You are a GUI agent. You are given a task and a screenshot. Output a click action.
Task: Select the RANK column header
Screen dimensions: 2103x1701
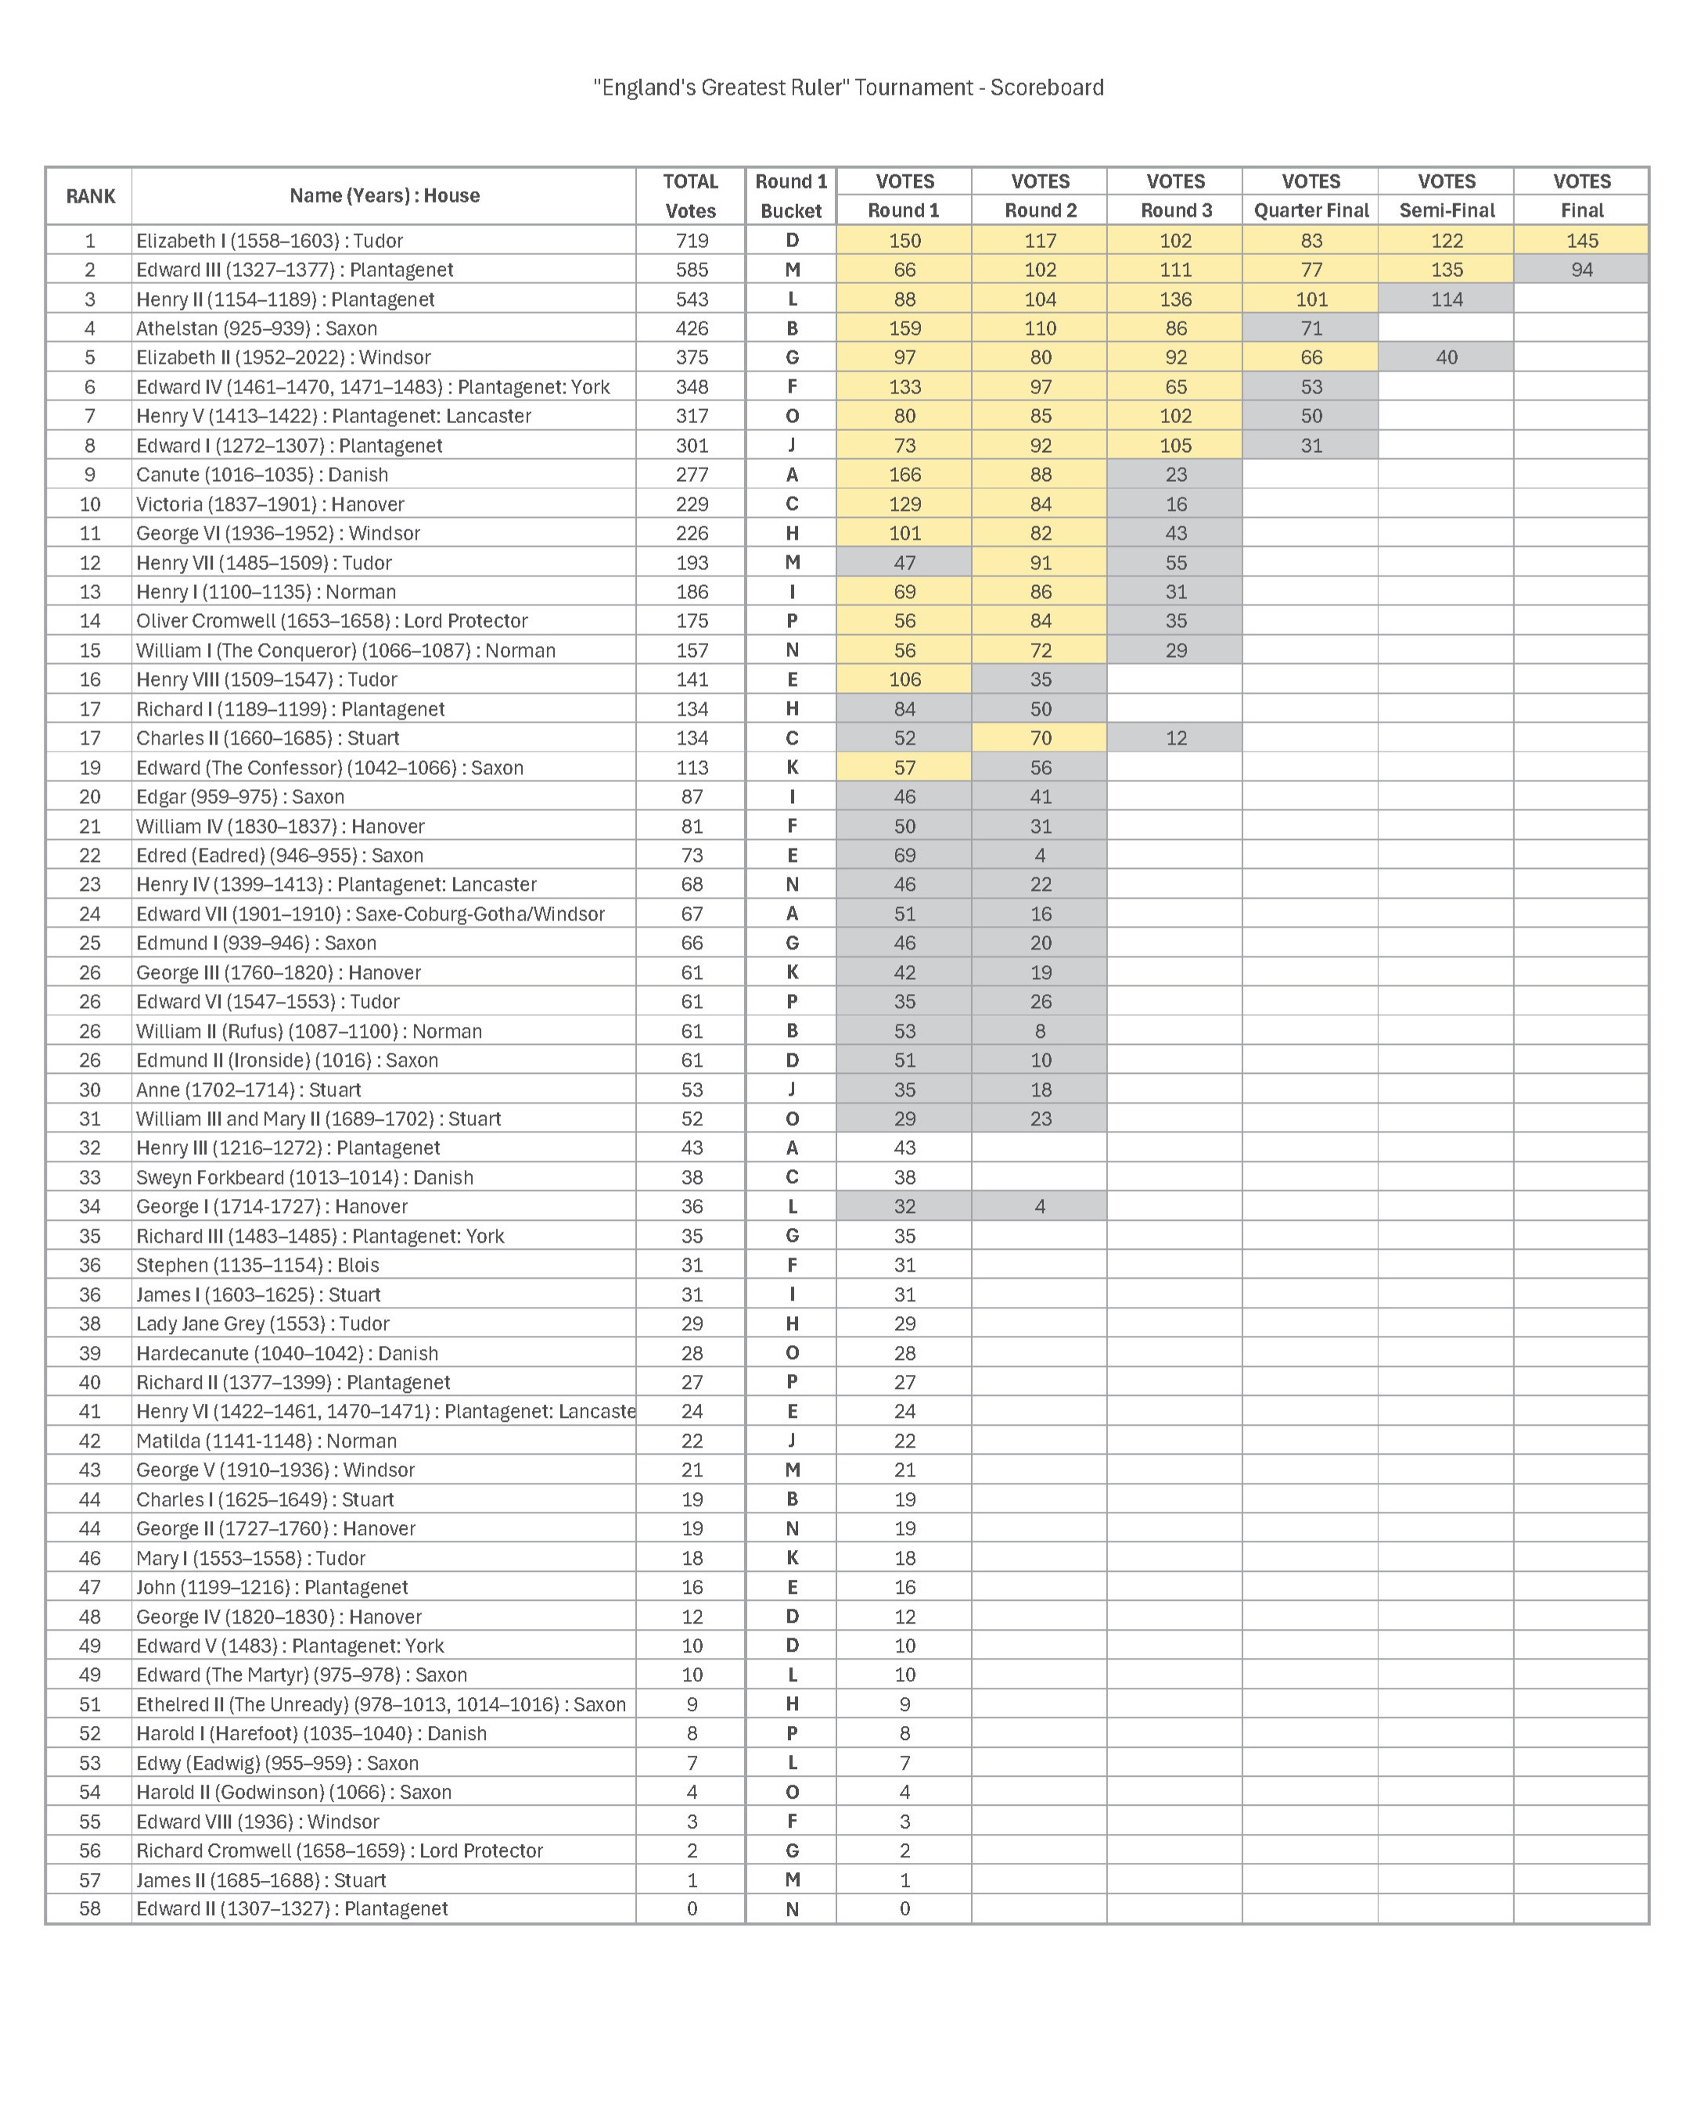[x=90, y=196]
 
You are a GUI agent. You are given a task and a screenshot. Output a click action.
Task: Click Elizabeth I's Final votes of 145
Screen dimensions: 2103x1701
[x=1581, y=241]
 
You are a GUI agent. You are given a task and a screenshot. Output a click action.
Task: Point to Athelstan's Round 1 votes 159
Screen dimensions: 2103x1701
[x=904, y=328]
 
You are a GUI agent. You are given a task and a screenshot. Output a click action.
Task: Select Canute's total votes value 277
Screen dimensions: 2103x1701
[x=692, y=475]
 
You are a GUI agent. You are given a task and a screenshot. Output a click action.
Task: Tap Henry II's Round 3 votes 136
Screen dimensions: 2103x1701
[x=1176, y=300]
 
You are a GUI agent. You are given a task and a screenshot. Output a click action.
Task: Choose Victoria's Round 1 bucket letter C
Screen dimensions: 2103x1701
[x=792, y=504]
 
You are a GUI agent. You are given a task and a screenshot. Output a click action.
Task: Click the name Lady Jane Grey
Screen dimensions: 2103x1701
[x=263, y=1324]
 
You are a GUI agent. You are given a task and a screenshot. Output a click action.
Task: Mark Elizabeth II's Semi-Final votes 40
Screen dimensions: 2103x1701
[x=1446, y=357]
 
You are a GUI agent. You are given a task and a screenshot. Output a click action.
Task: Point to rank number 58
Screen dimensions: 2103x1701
[x=90, y=1909]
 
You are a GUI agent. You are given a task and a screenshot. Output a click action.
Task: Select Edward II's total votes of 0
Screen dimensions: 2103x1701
[x=692, y=1909]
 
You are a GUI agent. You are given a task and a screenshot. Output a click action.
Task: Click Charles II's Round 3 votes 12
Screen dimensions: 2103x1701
[x=1176, y=738]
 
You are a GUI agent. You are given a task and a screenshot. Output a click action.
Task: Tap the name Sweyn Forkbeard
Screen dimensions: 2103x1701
[x=304, y=1177]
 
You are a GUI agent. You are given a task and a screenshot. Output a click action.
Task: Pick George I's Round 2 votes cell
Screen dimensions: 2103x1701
[x=1040, y=1207]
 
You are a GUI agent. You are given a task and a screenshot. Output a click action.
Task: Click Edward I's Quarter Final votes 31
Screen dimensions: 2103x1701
[x=1311, y=446]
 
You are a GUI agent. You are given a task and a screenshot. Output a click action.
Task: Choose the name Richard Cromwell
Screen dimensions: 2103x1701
[x=339, y=1850]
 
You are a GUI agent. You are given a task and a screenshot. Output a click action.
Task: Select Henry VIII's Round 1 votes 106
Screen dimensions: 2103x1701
[x=904, y=680]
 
